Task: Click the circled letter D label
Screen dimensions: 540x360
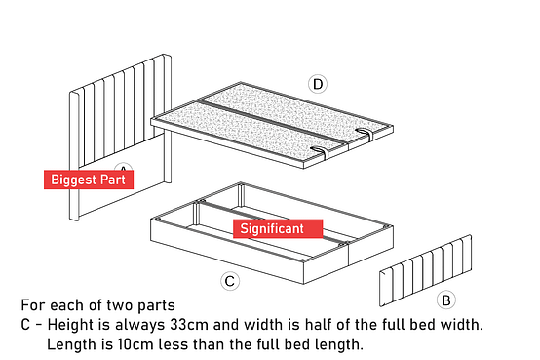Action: coord(318,84)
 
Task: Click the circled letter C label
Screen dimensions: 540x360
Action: coord(230,281)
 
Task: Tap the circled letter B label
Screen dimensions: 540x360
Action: coord(446,300)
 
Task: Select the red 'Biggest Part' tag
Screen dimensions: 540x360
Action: coord(89,180)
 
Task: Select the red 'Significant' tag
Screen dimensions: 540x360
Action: coord(278,228)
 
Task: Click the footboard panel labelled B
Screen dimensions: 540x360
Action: coord(426,270)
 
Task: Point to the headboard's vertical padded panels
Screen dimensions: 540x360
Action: coord(121,110)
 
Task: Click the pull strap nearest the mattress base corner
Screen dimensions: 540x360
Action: coord(320,152)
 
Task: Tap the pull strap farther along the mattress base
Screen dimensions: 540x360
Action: coord(365,134)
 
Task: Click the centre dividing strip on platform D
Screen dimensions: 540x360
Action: coord(272,122)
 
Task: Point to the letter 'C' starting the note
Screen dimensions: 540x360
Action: coord(25,325)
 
